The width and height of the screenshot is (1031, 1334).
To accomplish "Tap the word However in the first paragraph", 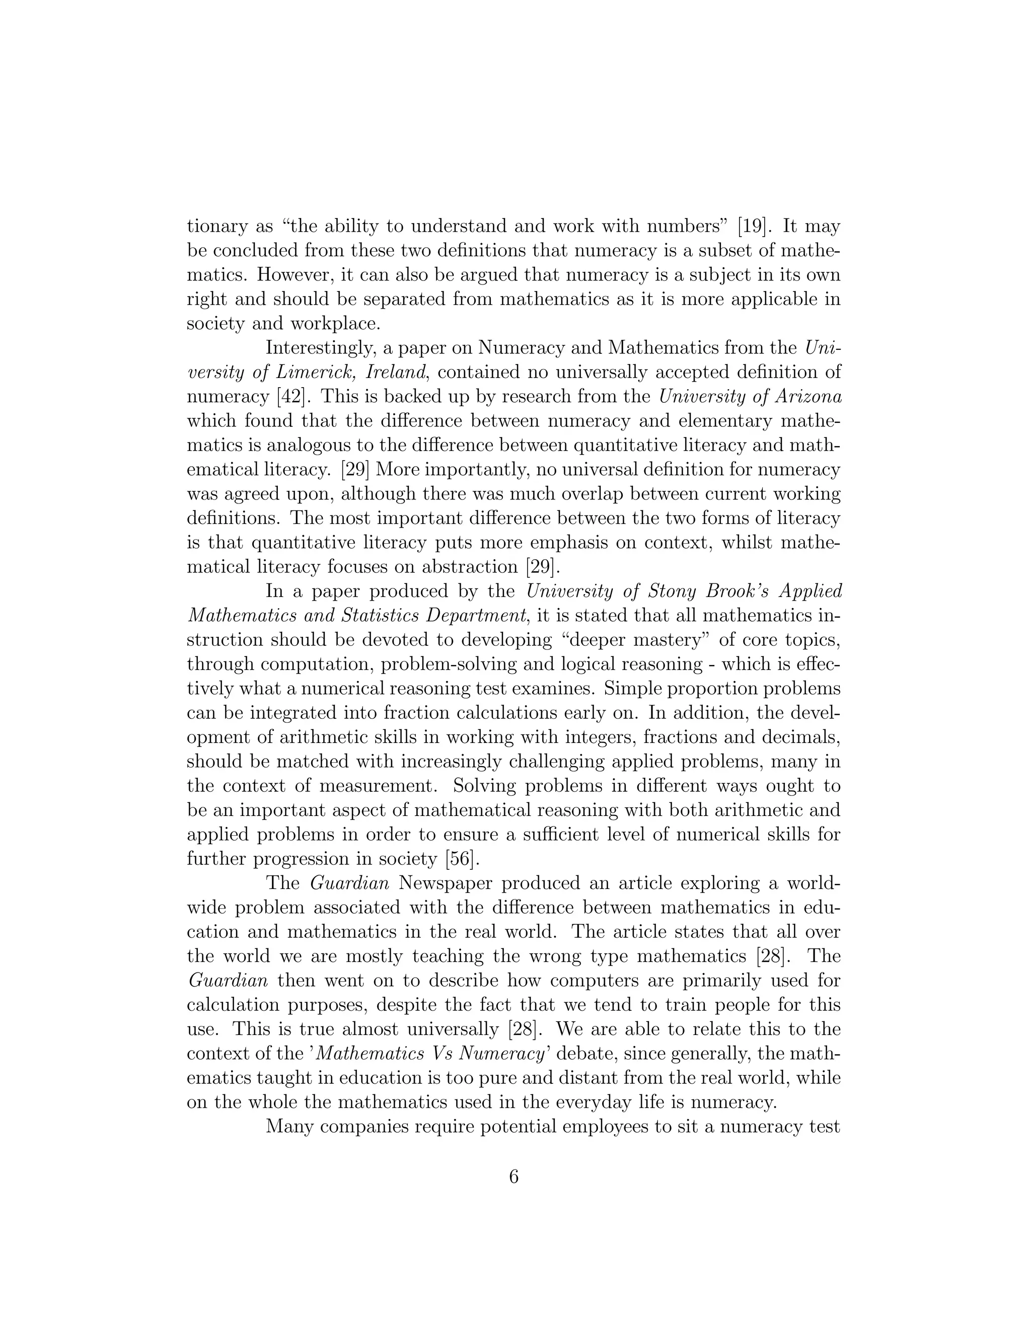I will click(x=296, y=275).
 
